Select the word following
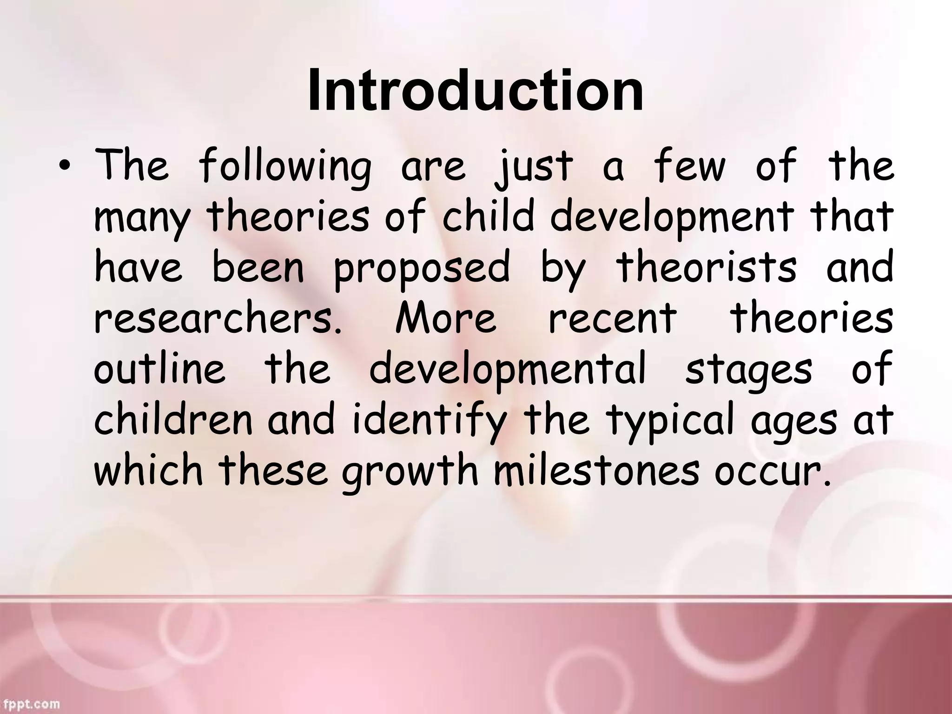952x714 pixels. (x=285, y=168)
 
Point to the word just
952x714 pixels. (x=533, y=168)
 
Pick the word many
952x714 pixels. (x=142, y=218)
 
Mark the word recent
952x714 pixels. (x=613, y=319)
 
